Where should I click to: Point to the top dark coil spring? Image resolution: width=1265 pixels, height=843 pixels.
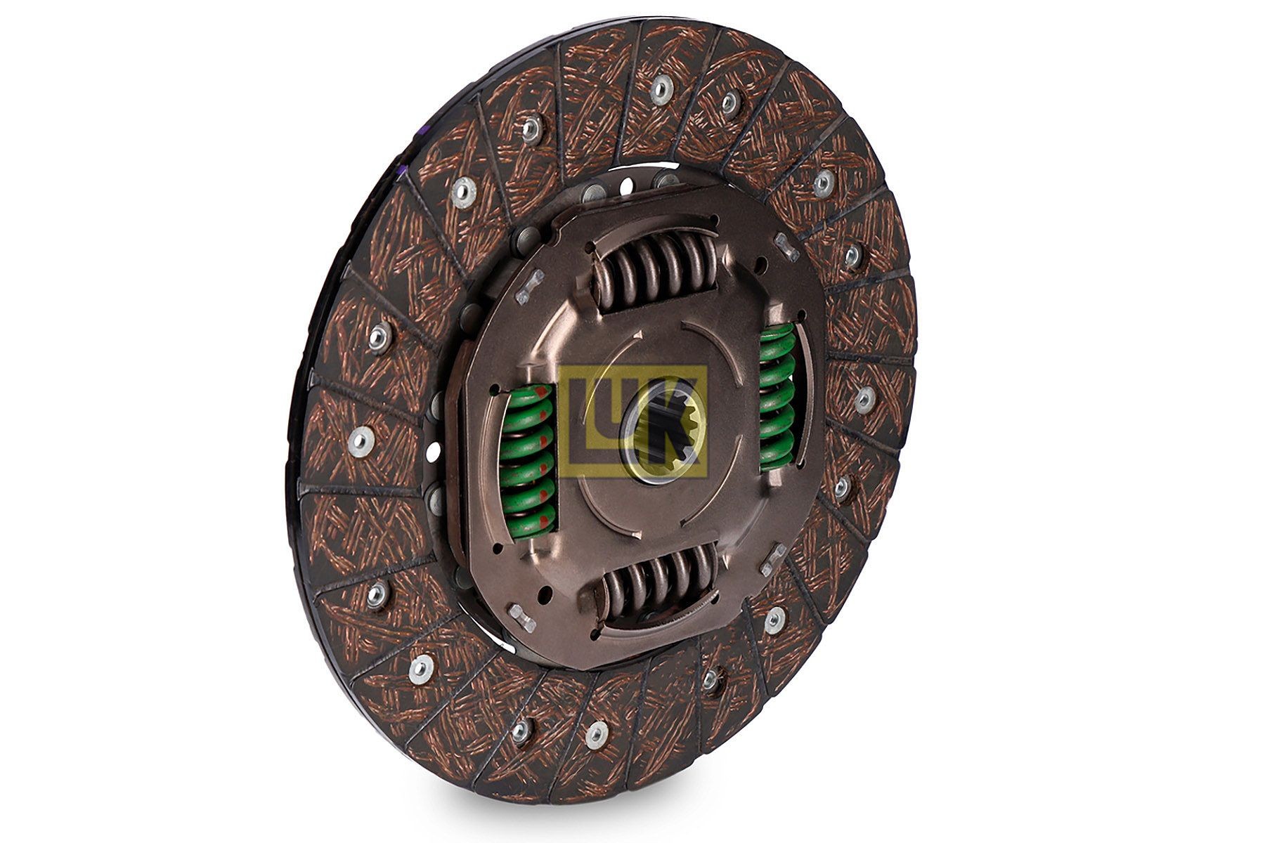pyautogui.click(x=657, y=270)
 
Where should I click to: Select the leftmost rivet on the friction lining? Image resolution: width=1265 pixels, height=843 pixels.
pyautogui.click(x=361, y=440)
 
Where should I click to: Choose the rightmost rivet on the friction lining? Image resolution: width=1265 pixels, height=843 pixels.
pyautogui.click(x=864, y=399)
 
